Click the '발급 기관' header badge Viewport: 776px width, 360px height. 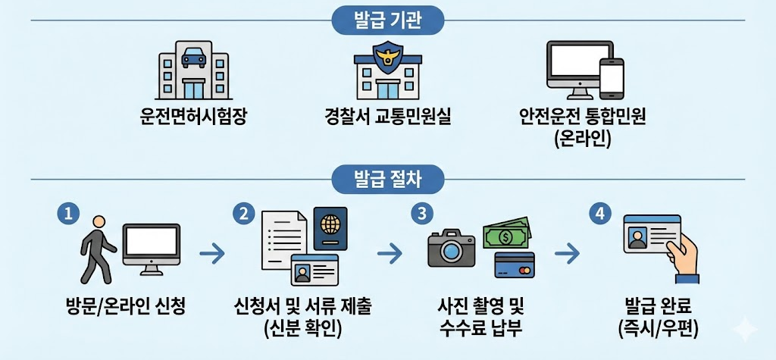(x=387, y=20)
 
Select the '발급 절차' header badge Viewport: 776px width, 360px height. (x=387, y=179)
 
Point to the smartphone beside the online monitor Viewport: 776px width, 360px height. (x=611, y=79)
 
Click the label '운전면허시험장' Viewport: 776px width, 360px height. (x=193, y=117)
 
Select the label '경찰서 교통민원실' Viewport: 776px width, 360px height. (x=387, y=117)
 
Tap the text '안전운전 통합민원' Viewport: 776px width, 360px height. (x=581, y=117)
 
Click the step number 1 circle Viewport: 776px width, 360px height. (x=68, y=214)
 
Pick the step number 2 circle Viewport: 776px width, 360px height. (x=244, y=214)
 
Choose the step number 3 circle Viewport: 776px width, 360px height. (x=420, y=214)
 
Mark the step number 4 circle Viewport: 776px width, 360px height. (x=600, y=214)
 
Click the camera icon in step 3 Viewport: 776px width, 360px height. (x=451, y=249)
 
